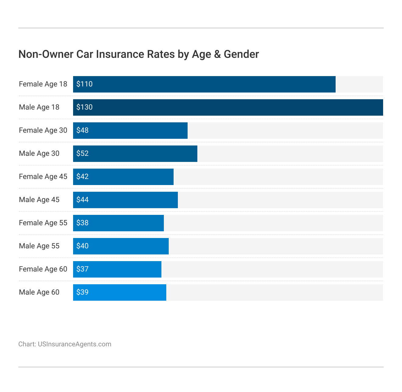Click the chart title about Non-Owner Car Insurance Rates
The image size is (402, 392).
(x=139, y=54)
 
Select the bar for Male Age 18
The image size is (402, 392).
(x=228, y=107)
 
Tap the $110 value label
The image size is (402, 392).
(x=84, y=84)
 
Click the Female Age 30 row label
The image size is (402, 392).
(x=43, y=131)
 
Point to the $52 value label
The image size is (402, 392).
(x=83, y=154)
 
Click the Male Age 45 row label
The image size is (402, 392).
(x=39, y=200)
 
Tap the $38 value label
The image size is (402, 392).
(x=83, y=223)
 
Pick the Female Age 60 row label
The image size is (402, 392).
(x=43, y=269)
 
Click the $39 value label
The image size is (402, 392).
(x=83, y=292)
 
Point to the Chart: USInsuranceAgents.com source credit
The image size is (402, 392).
(x=65, y=344)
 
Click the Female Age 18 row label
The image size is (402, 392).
(x=43, y=84)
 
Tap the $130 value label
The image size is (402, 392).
(x=84, y=107)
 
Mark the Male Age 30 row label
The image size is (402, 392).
(x=39, y=154)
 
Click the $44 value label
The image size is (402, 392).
(x=83, y=200)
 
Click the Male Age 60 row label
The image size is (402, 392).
(x=39, y=292)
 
